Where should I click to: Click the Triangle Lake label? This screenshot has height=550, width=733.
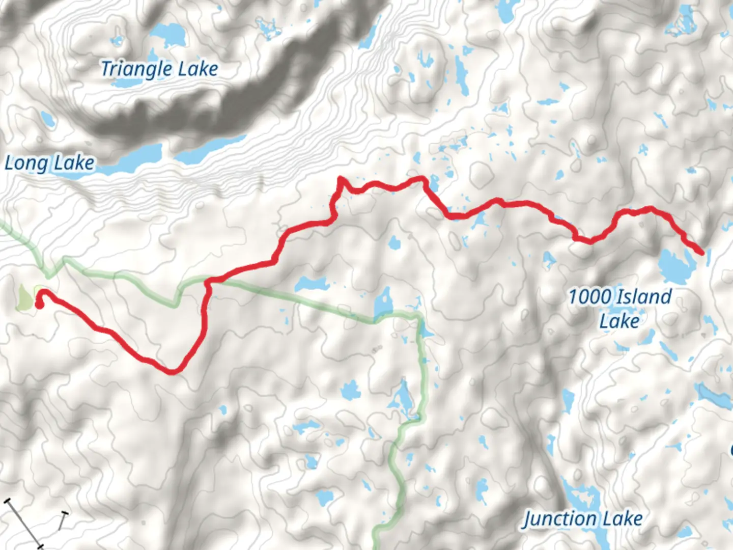[x=159, y=69]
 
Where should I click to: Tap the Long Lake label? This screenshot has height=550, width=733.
[x=49, y=163]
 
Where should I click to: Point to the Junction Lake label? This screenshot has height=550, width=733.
[x=583, y=519]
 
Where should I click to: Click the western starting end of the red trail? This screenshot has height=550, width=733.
[x=39, y=305]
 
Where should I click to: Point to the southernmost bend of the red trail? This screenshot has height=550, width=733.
[x=173, y=371]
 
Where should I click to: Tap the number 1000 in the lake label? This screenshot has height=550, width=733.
[x=586, y=296]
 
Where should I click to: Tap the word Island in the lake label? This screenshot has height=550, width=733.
[x=643, y=296]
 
